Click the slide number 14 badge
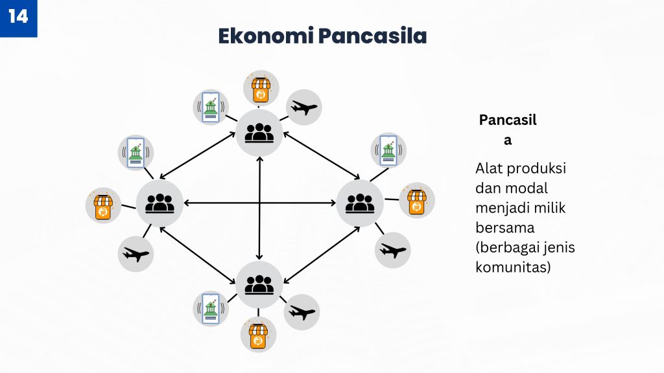pyautogui.click(x=18, y=18)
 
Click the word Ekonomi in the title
pyautogui.click(x=266, y=36)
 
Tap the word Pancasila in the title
pyautogui.click(x=373, y=36)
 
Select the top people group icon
pyautogui.click(x=259, y=133)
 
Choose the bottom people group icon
pyautogui.click(x=259, y=285)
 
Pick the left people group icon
pyautogui.click(x=160, y=203)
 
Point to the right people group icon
pyautogui.click(x=360, y=203)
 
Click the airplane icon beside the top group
pyautogui.click(x=304, y=107)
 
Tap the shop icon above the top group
pyautogui.click(x=261, y=88)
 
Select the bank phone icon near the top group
pyautogui.click(x=211, y=107)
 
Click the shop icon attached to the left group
pyautogui.click(x=103, y=205)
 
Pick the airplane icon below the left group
pyautogui.click(x=136, y=254)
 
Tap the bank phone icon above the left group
pyautogui.click(x=136, y=153)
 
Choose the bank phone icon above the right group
pyautogui.click(x=388, y=150)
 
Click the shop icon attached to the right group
pyautogui.click(x=417, y=201)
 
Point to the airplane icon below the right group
pyautogui.click(x=392, y=251)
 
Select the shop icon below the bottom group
pyautogui.click(x=258, y=335)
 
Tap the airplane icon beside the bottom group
pyautogui.click(x=302, y=313)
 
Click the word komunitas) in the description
pyautogui.click(x=513, y=267)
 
